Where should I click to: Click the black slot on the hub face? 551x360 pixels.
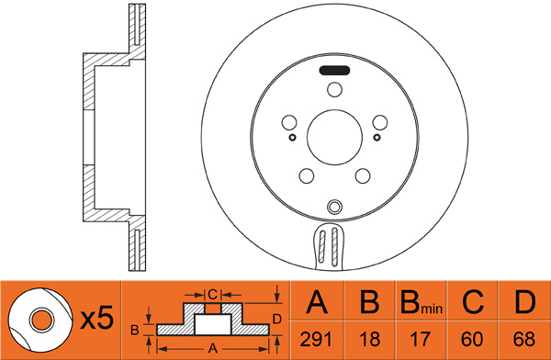(x=334, y=71)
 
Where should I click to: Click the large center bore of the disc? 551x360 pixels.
(x=334, y=137)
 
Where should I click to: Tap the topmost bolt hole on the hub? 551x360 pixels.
(x=334, y=90)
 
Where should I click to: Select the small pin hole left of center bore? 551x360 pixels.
(x=292, y=137)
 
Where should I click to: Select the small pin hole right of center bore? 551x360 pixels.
(x=377, y=137)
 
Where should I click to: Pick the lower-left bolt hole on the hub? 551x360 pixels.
(x=307, y=175)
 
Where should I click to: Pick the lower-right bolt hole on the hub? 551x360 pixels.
(x=363, y=175)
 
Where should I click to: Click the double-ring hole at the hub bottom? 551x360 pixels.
(x=334, y=207)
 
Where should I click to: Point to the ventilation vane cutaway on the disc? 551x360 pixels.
(x=328, y=246)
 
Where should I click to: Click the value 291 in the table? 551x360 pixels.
(x=316, y=339)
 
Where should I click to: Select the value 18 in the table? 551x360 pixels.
(x=370, y=339)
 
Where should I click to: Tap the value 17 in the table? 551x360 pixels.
(x=421, y=339)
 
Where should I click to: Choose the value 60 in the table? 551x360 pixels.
(x=472, y=339)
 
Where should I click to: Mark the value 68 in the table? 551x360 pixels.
(x=524, y=339)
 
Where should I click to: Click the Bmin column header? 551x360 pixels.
(x=422, y=302)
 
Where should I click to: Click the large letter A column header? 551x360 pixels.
(x=317, y=301)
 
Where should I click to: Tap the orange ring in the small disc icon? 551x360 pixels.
(x=42, y=320)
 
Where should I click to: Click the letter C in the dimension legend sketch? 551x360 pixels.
(x=212, y=294)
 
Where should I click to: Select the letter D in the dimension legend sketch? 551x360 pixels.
(x=277, y=320)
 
